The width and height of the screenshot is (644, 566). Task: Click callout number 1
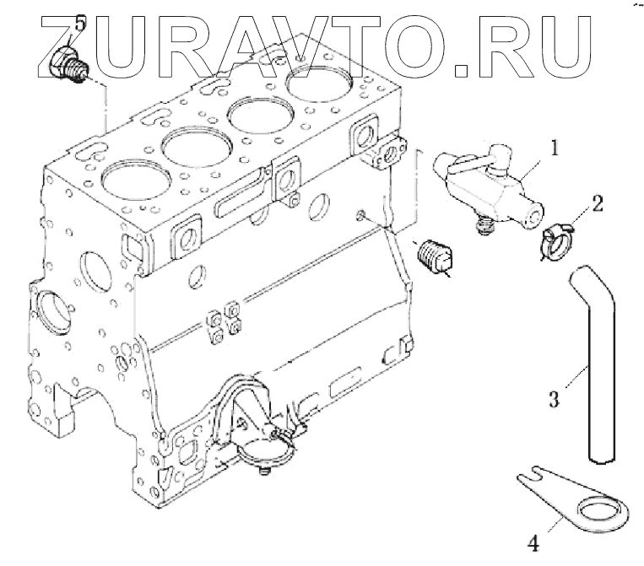(554, 149)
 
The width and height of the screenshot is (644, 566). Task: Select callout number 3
(554, 398)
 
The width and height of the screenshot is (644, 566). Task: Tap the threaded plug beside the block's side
(437, 254)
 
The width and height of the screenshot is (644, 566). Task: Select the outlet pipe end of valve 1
(530, 216)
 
